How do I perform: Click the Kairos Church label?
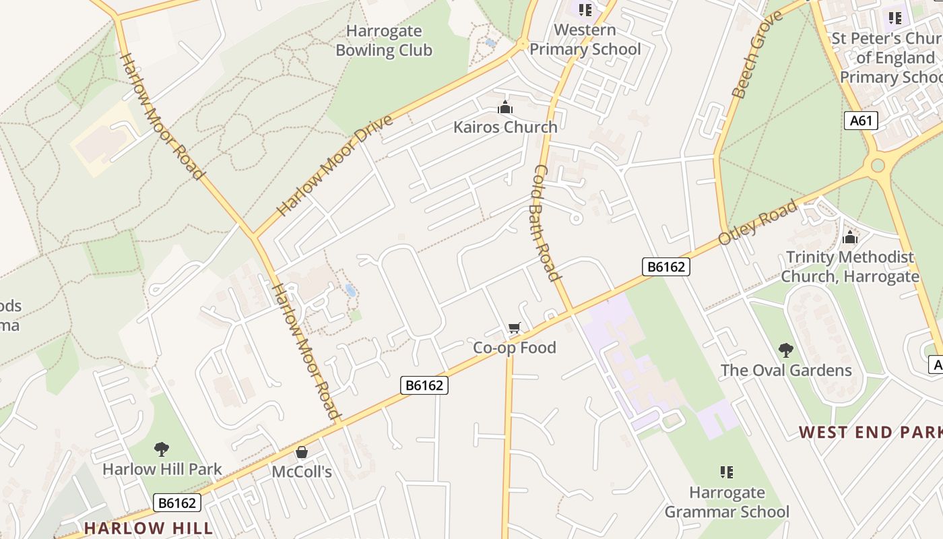[x=505, y=127]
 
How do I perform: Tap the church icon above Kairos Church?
[x=505, y=107]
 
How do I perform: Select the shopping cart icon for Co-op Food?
[x=515, y=328]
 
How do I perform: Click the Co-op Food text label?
[x=515, y=348]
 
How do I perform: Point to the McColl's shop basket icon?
[x=302, y=452]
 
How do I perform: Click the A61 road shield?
[x=861, y=121]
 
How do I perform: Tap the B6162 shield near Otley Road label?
[x=665, y=267]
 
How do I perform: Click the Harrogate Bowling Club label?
[x=384, y=40]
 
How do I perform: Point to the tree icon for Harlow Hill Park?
[x=162, y=449]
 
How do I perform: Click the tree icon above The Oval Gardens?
[x=785, y=350]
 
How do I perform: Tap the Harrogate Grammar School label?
[x=727, y=502]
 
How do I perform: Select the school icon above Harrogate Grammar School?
[x=726, y=472]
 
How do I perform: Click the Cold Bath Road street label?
[x=546, y=222]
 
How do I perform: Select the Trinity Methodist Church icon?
[x=850, y=237]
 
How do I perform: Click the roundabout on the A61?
[x=878, y=165]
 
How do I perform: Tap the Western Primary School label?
[x=585, y=39]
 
